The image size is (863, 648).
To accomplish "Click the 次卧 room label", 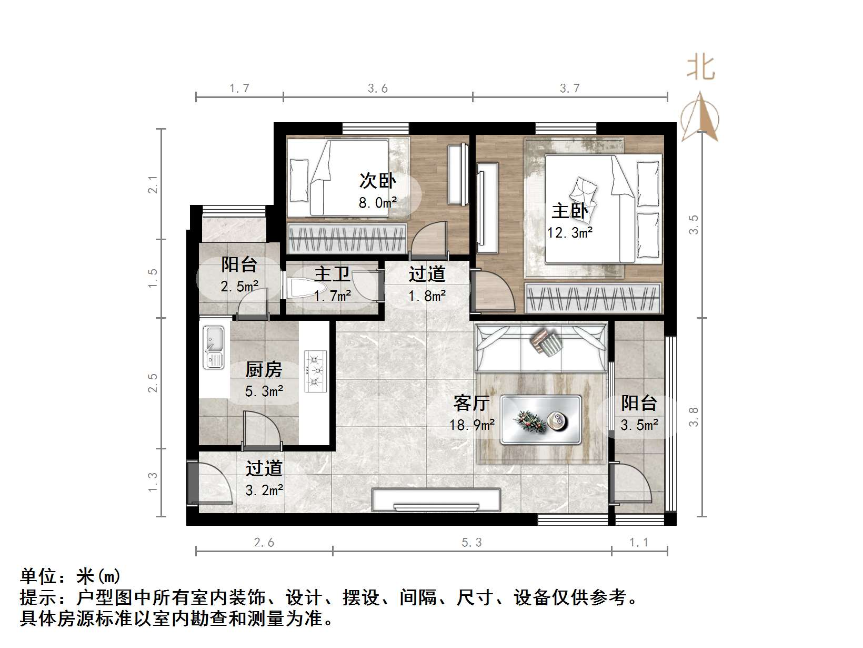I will click(x=377, y=181).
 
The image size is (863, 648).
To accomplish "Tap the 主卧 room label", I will click(x=569, y=211).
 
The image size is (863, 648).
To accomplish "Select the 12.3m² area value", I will click(x=570, y=232).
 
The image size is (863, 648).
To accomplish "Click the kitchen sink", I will click(x=214, y=347).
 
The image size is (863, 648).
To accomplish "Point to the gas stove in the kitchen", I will click(x=315, y=371).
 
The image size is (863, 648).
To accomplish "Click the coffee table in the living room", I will click(x=541, y=419).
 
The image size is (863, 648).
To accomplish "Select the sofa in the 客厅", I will click(x=540, y=348).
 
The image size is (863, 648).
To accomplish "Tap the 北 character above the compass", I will click(x=700, y=68).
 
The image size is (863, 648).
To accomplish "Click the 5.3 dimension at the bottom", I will click(x=471, y=542).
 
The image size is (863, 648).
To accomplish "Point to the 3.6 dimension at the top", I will click(x=377, y=89).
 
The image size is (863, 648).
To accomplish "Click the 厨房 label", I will click(x=264, y=370).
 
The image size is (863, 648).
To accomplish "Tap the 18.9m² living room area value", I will click(x=472, y=425).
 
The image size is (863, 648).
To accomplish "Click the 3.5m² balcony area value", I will click(x=639, y=425).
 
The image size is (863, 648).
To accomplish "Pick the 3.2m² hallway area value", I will click(x=264, y=490).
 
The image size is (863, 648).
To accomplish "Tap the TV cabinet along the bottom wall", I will click(x=436, y=499).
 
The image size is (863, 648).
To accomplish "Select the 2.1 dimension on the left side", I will click(x=153, y=184).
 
